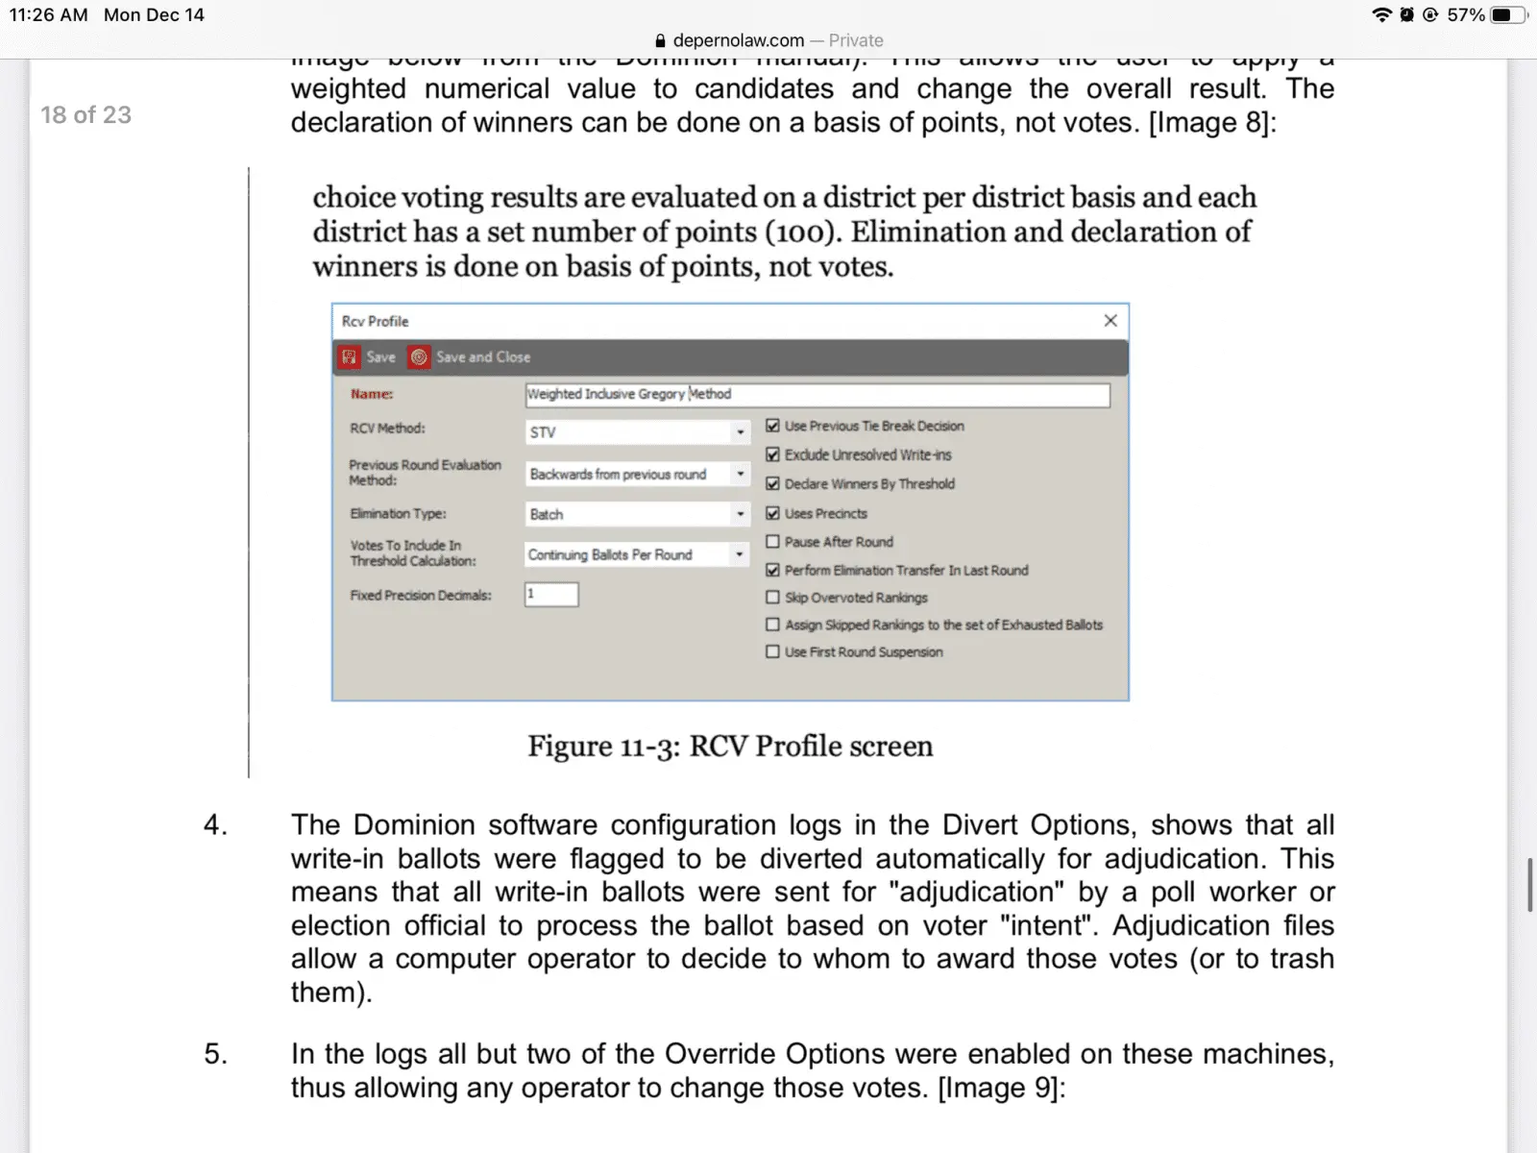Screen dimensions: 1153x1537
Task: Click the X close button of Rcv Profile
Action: pyautogui.click(x=1110, y=321)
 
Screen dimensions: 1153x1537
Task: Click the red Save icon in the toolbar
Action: pyautogui.click(x=350, y=357)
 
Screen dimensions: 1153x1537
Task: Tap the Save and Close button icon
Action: pyautogui.click(x=420, y=357)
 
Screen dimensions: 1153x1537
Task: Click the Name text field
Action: pyautogui.click(x=817, y=394)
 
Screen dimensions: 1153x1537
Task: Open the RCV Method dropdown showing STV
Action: pyautogui.click(x=637, y=432)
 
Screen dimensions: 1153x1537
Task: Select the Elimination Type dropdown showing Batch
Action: pyautogui.click(x=637, y=514)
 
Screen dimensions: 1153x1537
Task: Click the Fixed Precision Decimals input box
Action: pyautogui.click(x=551, y=595)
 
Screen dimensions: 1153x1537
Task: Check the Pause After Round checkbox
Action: pyautogui.click(x=772, y=542)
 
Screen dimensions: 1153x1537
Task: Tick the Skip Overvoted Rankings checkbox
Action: pyautogui.click(x=772, y=598)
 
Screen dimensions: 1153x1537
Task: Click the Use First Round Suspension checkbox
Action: pyautogui.click(x=772, y=651)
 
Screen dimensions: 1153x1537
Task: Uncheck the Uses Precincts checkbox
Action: pyautogui.click(x=772, y=513)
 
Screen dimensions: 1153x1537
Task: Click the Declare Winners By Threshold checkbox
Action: pyautogui.click(x=772, y=483)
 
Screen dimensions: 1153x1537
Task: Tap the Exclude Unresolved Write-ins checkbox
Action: pyautogui.click(x=772, y=454)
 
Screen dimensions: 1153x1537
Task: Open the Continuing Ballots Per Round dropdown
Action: pyautogui.click(x=637, y=554)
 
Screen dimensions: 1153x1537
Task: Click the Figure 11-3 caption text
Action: pyautogui.click(x=730, y=747)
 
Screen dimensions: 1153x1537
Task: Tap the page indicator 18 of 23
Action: pyautogui.click(x=85, y=115)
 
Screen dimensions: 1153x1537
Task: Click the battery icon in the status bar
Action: pyautogui.click(x=1507, y=14)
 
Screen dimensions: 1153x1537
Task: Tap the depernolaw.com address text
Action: pyautogui.click(x=738, y=40)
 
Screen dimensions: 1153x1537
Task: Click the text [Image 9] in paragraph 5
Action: pyautogui.click(x=998, y=1088)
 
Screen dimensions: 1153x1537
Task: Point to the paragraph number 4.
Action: pyautogui.click(x=215, y=825)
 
